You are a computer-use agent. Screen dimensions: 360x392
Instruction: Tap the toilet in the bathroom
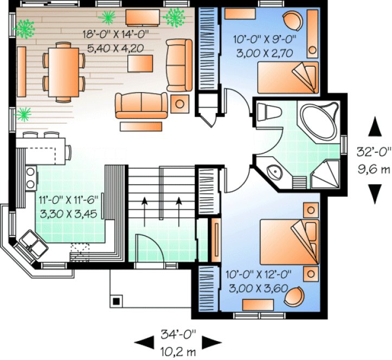tap(268, 113)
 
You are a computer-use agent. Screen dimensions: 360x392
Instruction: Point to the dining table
tap(63, 71)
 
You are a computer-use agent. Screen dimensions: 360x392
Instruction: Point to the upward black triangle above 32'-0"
tap(374, 129)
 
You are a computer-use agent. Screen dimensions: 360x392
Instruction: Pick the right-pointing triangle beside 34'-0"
tap(215, 342)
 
